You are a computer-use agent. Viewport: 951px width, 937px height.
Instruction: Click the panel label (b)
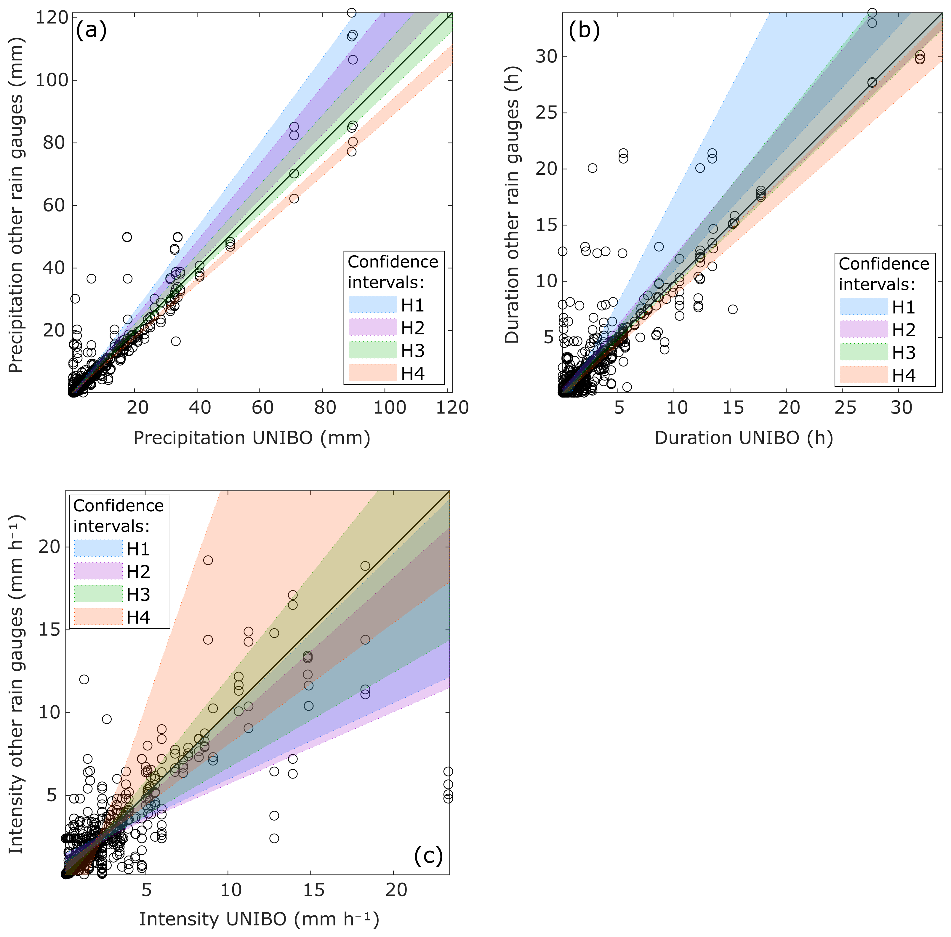click(584, 31)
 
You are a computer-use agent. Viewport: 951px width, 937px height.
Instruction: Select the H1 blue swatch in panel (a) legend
click(373, 305)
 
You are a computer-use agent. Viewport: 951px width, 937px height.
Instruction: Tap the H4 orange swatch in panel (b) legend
click(864, 375)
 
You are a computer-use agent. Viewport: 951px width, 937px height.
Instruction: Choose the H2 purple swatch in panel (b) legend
click(864, 329)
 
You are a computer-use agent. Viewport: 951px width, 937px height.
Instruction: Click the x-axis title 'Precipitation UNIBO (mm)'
click(252, 438)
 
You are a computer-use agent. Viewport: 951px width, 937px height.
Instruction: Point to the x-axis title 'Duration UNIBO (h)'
click(743, 438)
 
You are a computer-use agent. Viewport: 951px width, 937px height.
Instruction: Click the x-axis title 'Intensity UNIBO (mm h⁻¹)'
click(259, 919)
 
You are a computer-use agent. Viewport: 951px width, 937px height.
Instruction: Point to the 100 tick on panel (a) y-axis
click(51, 80)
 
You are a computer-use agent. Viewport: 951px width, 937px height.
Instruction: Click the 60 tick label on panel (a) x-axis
click(260, 408)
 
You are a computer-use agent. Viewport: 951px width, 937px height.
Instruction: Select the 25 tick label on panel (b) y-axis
click(545, 113)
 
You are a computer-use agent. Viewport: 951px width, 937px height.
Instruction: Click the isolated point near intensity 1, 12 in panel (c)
click(84, 680)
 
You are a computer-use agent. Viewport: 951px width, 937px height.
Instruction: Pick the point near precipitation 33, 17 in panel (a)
click(176, 341)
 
